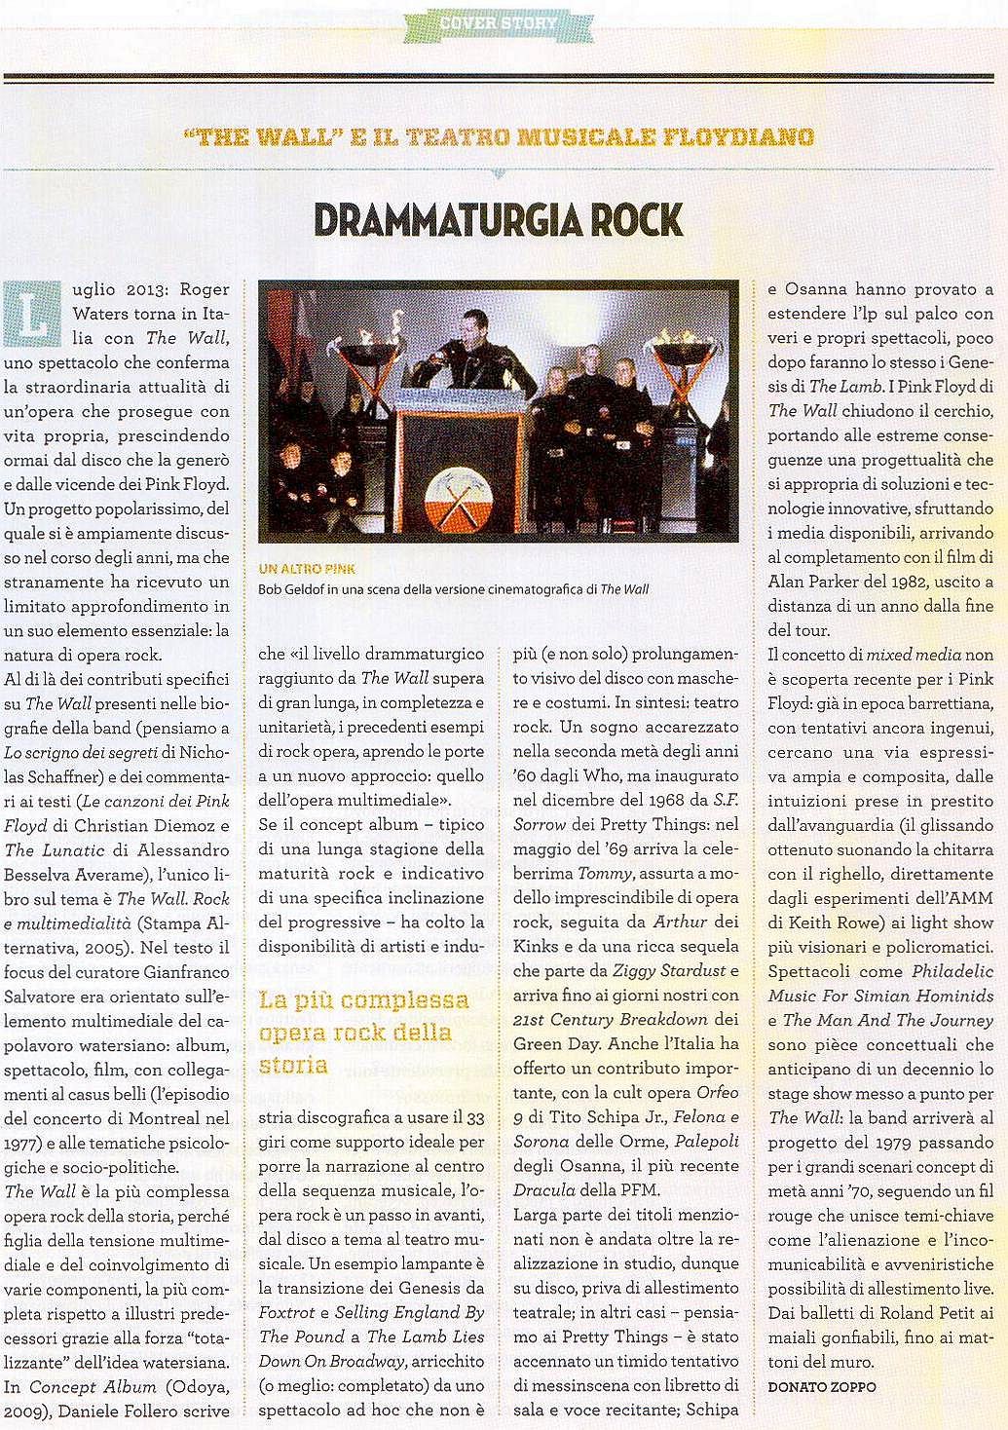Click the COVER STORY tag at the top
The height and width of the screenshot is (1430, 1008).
(498, 22)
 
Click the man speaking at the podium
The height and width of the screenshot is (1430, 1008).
(471, 351)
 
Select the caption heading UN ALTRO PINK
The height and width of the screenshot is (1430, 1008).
(307, 569)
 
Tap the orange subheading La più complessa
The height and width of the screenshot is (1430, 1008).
(363, 1000)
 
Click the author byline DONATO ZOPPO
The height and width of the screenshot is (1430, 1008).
(821, 1386)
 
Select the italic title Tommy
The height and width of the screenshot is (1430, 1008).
(605, 874)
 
